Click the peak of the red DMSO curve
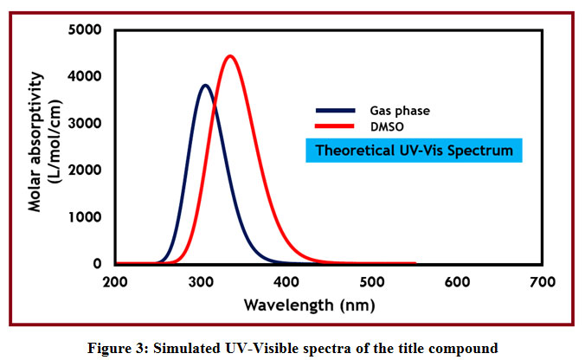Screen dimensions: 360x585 [230, 57]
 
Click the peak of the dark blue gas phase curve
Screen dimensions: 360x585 [204, 86]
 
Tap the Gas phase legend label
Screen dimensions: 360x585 [400, 111]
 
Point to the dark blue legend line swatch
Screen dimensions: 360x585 [335, 111]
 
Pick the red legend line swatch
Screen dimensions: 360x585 [335, 126]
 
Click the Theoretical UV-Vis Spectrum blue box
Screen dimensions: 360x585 [414, 150]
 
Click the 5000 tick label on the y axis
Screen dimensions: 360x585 [84, 30]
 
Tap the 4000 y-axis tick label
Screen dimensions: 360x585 [84, 77]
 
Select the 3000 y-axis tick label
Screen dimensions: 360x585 [84, 124]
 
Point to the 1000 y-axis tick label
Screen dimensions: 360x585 [84, 217]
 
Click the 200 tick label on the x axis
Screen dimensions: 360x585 [115, 282]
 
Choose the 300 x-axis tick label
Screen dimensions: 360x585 [201, 282]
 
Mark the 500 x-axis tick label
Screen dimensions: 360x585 [371, 282]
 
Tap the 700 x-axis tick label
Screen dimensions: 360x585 [542, 282]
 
